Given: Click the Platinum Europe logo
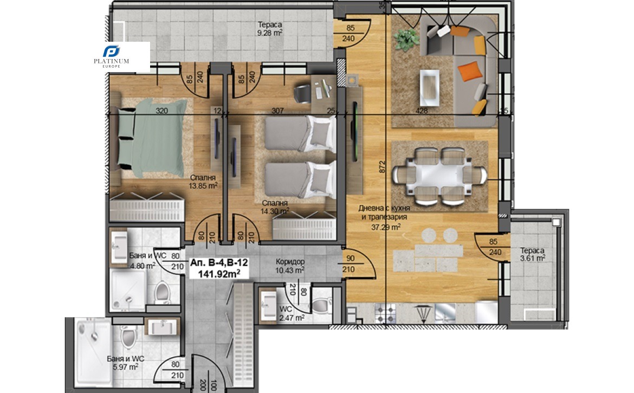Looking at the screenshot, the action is point(111,57).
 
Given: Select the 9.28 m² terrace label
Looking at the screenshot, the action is point(270,29).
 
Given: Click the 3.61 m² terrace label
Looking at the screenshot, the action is point(533,254).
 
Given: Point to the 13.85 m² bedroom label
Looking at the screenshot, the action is point(203,182).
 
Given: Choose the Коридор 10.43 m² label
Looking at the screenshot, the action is point(290,266).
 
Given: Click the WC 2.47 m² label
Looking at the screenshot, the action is point(292,314).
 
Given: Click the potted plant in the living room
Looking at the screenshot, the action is point(407,39).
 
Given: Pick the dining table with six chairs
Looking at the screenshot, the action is point(439,176).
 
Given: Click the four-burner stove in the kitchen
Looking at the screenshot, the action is point(385,313).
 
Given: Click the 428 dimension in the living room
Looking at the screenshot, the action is point(422,111).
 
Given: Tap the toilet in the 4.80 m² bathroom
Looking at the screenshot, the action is point(163,292).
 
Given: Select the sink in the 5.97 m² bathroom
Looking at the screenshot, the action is point(161,327).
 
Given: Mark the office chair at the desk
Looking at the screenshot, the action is point(302,93).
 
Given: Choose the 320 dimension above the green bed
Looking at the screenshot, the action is point(161,111).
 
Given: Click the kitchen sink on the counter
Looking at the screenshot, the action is point(445,313).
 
